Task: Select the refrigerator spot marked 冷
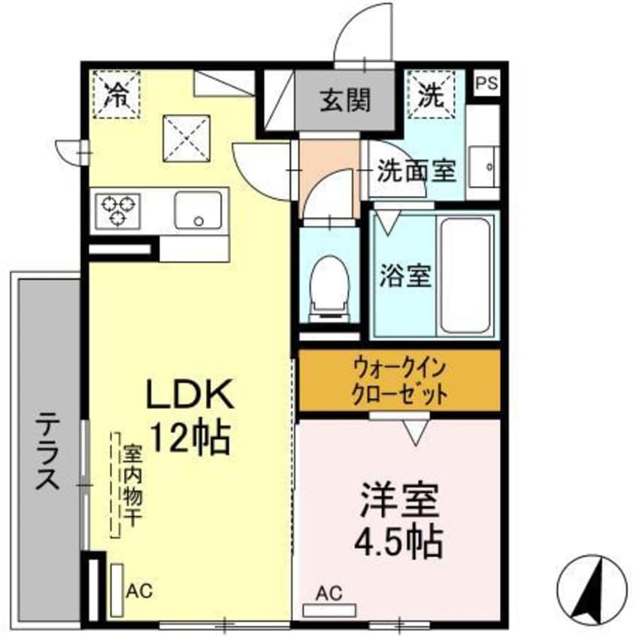(117, 94)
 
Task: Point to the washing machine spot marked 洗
(431, 94)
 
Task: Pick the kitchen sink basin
(198, 210)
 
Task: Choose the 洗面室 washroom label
(416, 171)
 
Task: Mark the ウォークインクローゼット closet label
(400, 380)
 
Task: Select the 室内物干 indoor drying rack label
(132, 485)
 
